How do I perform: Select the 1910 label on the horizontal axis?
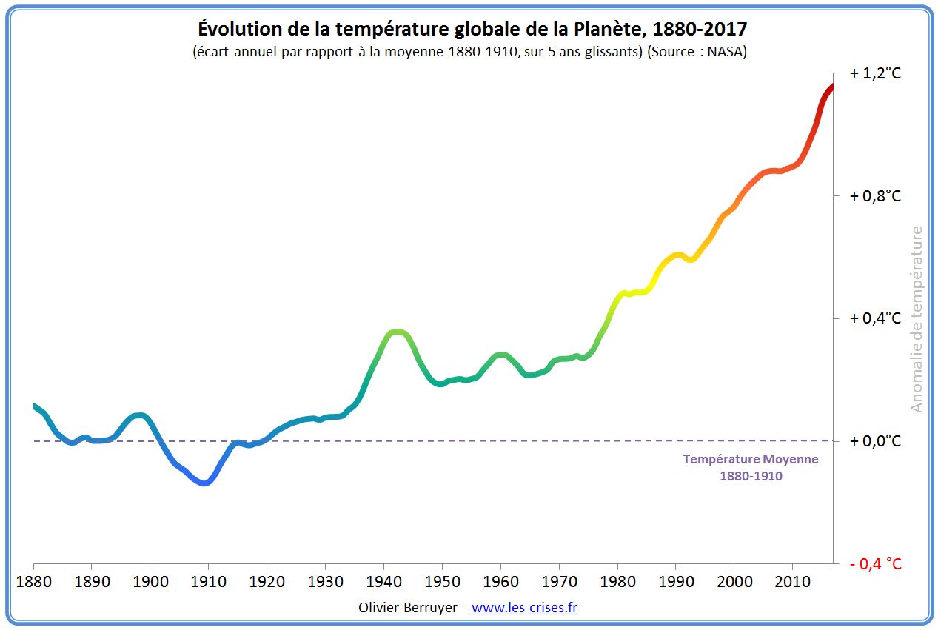pyautogui.click(x=209, y=582)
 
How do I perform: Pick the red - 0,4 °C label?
pyautogui.click(x=875, y=564)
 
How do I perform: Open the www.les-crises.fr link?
pyautogui.click(x=524, y=608)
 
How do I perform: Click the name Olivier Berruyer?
pyautogui.click(x=407, y=608)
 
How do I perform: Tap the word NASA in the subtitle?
pyautogui.click(x=730, y=52)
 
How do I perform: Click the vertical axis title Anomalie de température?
pyautogui.click(x=917, y=319)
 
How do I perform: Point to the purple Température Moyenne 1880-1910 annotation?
pyautogui.click(x=751, y=467)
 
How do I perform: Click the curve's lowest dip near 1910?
pyautogui.click(x=205, y=483)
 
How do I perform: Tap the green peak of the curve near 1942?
pyautogui.click(x=398, y=332)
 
